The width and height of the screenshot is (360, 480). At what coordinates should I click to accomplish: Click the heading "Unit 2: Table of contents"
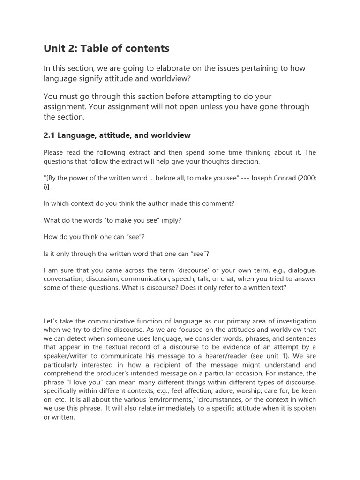(x=106, y=48)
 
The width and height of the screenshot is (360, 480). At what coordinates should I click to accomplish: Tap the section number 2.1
(x=49, y=135)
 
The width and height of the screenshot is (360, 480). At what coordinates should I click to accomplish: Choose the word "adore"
(x=223, y=390)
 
